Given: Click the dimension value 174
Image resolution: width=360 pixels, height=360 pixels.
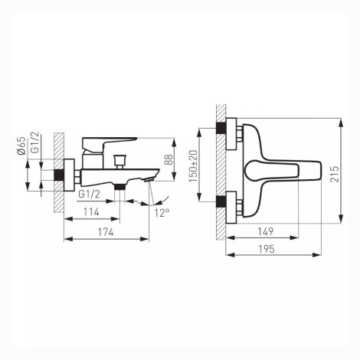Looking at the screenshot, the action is click(x=106, y=232).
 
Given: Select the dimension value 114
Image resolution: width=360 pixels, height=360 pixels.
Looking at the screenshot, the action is click(x=91, y=212).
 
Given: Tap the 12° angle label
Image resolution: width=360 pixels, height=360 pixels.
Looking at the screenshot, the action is click(x=162, y=212).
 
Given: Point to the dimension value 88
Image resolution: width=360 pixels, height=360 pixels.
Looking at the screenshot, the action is click(x=169, y=159).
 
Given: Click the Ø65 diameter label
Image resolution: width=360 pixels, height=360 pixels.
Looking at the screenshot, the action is click(x=21, y=146).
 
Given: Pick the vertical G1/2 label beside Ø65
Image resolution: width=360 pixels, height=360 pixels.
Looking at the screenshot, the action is click(x=34, y=142).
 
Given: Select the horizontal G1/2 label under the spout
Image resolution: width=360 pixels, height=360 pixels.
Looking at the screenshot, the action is click(x=89, y=195).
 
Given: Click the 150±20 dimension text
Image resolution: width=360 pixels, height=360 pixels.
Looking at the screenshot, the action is click(x=193, y=166).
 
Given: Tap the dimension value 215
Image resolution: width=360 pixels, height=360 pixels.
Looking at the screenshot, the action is click(x=335, y=174).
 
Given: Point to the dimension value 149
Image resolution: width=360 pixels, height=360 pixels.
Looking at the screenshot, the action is click(x=266, y=231).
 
